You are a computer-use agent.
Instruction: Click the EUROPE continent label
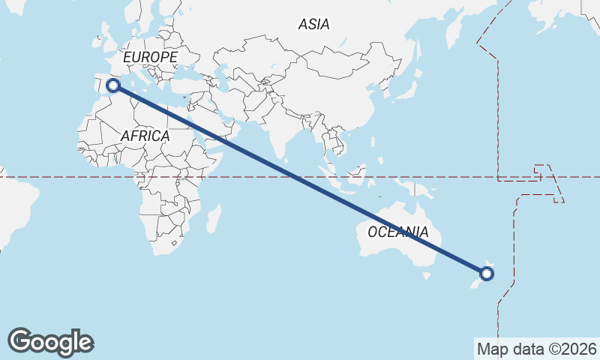pyautogui.click(x=150, y=57)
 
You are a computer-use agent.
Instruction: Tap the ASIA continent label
pyautogui.click(x=313, y=24)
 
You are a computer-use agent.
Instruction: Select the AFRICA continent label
pyautogui.click(x=145, y=136)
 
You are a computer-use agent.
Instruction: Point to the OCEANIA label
pyautogui.click(x=398, y=232)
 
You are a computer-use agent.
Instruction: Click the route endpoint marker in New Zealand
pyautogui.click(x=486, y=273)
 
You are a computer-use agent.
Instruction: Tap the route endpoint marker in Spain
pyautogui.click(x=113, y=85)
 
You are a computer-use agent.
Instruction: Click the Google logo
pyautogui.click(x=50, y=342)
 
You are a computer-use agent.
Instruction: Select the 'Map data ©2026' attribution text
pyautogui.click(x=536, y=349)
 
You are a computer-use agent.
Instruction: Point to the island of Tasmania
pyautogui.click(x=426, y=275)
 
